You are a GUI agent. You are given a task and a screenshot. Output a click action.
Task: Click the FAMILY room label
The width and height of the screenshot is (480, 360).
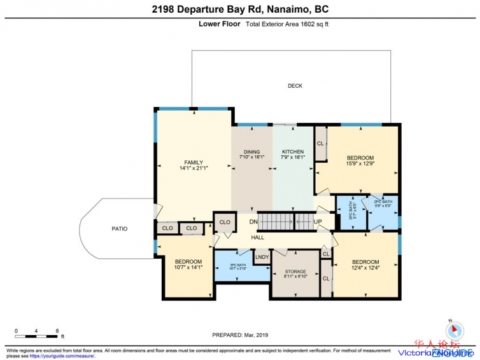coord(193,162)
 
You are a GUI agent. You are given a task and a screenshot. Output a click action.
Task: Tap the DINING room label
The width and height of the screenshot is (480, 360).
coord(251,152)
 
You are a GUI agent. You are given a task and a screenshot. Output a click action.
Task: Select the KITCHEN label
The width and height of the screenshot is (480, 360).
coord(293,152)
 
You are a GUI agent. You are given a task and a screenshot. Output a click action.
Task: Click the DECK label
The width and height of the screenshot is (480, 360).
coord(295,86)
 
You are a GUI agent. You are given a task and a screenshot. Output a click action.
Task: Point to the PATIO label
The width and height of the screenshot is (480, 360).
coord(119,228)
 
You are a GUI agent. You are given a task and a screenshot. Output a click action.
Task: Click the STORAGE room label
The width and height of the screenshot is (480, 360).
coord(295,272)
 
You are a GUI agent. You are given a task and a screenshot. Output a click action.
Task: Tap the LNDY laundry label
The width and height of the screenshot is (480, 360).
coord(262,257)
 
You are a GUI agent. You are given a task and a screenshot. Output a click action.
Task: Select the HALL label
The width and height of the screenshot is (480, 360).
coord(257,237)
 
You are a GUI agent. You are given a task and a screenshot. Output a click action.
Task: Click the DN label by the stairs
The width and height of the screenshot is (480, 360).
coord(253,222)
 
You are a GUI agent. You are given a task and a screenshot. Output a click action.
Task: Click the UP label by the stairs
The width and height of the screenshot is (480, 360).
coord(318,222)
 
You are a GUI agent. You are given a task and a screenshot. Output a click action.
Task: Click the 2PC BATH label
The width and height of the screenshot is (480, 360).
coord(383,202)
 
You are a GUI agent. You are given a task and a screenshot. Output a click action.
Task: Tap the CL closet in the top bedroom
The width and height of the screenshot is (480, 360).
coord(320,144)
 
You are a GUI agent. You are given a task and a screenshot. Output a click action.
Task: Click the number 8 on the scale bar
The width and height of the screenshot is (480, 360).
coord(57,331)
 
